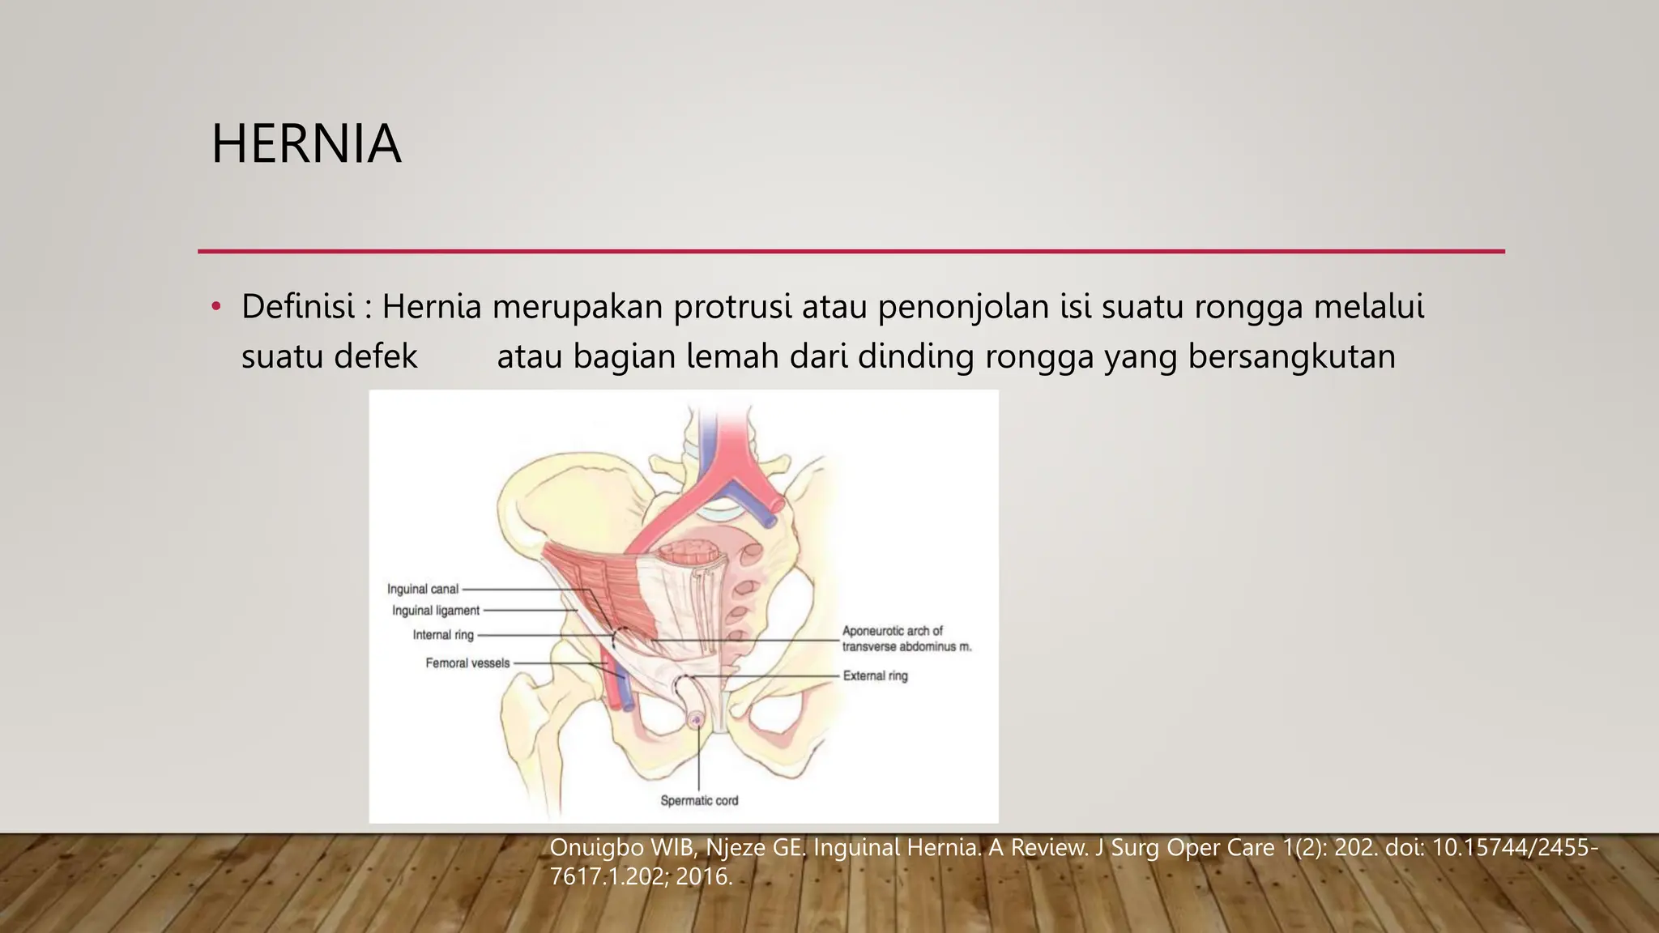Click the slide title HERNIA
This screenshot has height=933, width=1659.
[x=306, y=144]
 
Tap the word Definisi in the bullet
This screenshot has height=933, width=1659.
[x=297, y=307]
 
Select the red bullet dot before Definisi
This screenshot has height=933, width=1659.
[x=215, y=307]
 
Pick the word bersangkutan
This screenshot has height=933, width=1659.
[x=1291, y=356]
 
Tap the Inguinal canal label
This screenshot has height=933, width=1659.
[x=423, y=590]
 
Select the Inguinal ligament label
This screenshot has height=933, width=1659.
[x=436, y=611]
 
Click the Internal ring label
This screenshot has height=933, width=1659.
[x=443, y=635]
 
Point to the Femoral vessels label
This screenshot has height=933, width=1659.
[x=467, y=663]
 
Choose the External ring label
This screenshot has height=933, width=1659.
[x=875, y=675]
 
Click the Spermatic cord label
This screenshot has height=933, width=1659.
[x=699, y=801]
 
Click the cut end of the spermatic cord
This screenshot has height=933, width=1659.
[x=695, y=718]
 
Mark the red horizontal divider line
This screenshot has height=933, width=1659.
[x=851, y=251]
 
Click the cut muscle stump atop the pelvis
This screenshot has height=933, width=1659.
[x=690, y=553]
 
